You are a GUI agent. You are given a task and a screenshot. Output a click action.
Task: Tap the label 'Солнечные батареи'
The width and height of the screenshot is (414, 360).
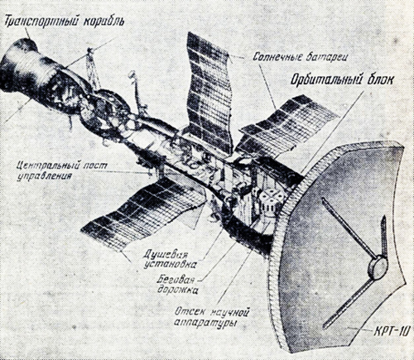pos(287,56)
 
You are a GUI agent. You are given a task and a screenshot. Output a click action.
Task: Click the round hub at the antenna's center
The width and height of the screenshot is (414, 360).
pos(378,267)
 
